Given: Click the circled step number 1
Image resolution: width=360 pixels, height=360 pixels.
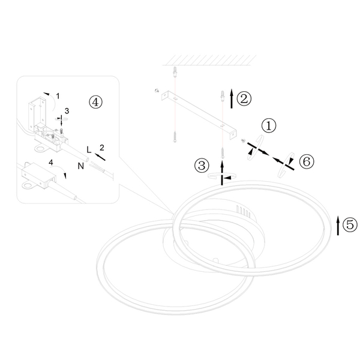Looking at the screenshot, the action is tap(269, 125).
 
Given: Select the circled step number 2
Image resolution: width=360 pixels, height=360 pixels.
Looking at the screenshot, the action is tap(244, 99).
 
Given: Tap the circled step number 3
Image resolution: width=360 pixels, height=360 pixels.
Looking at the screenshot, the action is tap(202, 166).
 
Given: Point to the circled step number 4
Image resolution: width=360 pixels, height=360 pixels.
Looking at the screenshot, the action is tap(96, 102).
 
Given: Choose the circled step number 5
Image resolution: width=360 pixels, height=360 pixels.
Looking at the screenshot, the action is tap(350, 224).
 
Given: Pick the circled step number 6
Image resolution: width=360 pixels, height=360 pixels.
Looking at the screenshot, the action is tap(307, 161).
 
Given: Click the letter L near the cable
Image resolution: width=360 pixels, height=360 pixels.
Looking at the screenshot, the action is tap(89, 149).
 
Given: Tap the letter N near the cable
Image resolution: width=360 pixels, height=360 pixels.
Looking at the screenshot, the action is tap(81, 166).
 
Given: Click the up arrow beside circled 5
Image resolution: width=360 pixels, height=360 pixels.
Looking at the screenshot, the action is tap(338, 226).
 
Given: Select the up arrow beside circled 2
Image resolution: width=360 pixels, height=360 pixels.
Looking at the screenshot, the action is tap(232, 98).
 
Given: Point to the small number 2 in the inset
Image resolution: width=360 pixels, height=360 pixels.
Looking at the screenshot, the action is tap(102, 148).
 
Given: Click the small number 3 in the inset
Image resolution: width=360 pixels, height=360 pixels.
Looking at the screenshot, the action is tap(67, 111).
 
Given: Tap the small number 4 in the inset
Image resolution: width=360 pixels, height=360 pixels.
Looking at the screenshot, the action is tap(51, 163).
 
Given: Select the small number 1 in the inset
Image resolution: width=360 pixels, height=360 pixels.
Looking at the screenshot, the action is tap(58, 96).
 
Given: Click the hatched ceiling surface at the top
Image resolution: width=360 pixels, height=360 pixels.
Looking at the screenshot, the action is tap(209, 60).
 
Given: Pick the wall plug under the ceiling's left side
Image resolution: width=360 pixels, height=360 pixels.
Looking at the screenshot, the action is tap(175, 72).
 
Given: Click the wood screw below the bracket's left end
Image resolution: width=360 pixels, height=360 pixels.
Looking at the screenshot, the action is tap(175, 137).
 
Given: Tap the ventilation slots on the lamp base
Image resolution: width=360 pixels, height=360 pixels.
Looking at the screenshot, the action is tap(244, 212).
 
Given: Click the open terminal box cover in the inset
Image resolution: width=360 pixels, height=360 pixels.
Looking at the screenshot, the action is tap(37, 112).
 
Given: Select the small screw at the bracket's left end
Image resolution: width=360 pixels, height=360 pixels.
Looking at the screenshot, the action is tap(157, 91).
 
